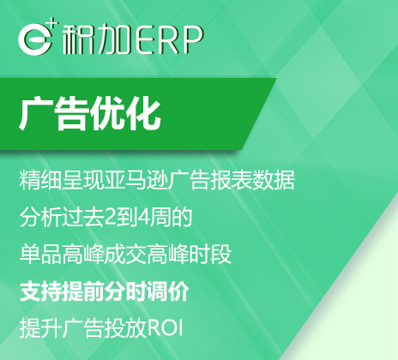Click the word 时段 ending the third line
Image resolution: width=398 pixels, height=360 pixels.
coord(214,255)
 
